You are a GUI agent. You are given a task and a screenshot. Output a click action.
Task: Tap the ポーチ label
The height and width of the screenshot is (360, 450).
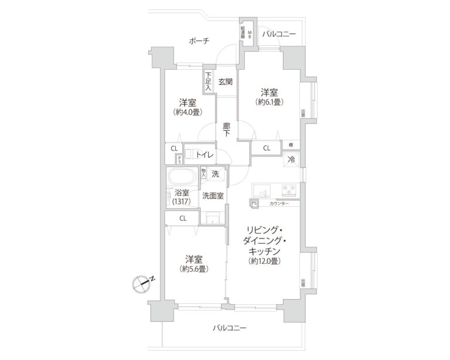click(x=200, y=40)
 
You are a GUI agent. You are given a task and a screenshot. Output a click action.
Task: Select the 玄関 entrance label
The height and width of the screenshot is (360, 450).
click(x=226, y=81)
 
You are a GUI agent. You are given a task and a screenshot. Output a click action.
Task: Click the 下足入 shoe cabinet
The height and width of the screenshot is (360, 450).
click(x=208, y=80)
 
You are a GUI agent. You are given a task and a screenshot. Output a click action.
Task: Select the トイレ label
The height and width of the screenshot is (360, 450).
click(x=204, y=155)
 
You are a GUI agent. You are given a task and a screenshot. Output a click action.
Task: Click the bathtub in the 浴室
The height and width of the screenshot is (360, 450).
click(x=183, y=176)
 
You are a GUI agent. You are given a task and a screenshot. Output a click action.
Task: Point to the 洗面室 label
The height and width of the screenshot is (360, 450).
click(x=213, y=195)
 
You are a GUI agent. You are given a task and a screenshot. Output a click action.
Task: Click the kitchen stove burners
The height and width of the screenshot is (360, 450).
click(x=288, y=190)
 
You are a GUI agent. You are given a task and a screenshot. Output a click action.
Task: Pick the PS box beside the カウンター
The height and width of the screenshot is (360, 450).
click(x=253, y=204)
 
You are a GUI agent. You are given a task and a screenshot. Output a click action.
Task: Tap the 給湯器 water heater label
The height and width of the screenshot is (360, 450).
click(x=242, y=32)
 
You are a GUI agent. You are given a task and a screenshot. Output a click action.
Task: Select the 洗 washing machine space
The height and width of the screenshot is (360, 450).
click(x=216, y=174)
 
